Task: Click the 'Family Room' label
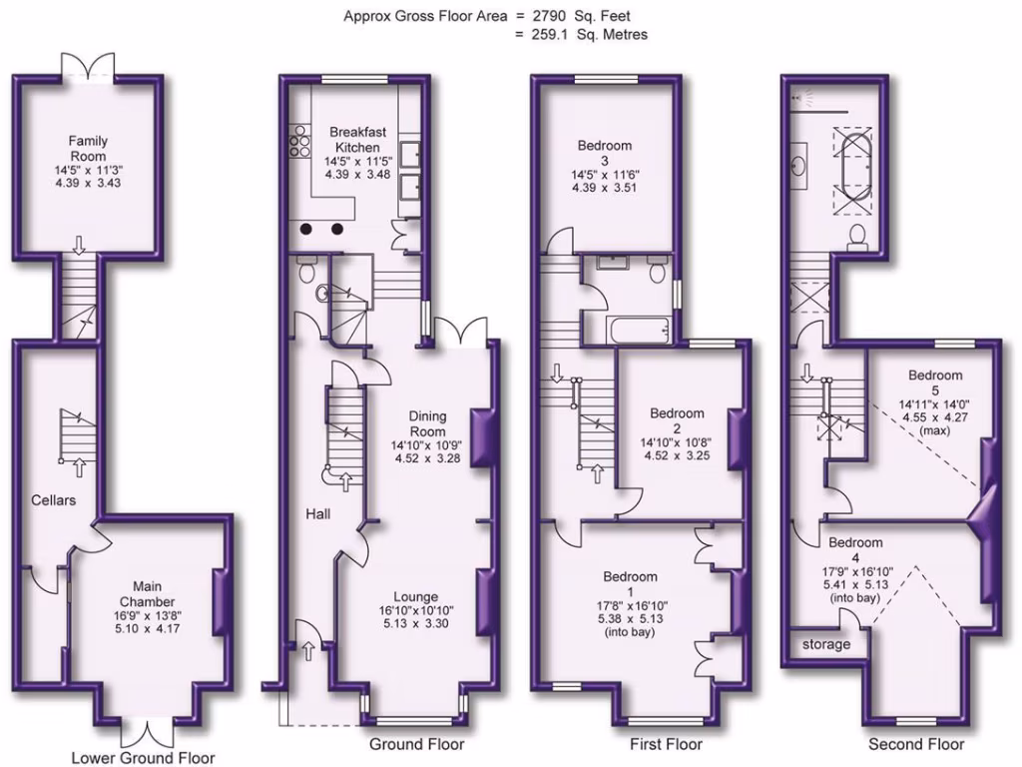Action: pos(88,149)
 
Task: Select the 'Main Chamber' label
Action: pos(148,594)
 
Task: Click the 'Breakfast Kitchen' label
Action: pos(357,139)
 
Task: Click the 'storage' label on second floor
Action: pos(826,644)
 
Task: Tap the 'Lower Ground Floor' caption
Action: pos(143,757)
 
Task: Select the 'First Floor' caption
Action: pos(666,744)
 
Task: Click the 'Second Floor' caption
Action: pos(915,744)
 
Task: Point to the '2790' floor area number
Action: pos(539,15)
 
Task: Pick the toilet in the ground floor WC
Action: pos(306,269)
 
